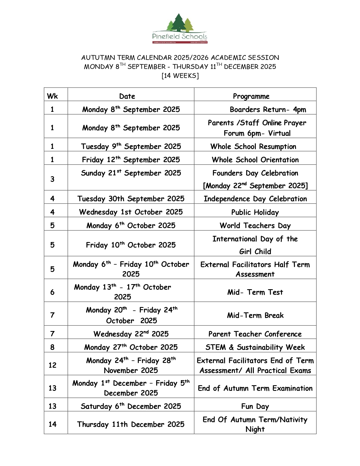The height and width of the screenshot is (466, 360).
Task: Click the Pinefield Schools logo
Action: pyautogui.click(x=180, y=29)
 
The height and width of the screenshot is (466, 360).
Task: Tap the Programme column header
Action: pyautogui.click(x=251, y=96)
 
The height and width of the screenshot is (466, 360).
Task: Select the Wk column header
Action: pyautogui.click(x=53, y=96)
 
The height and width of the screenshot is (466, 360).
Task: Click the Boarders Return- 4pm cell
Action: pyautogui.click(x=268, y=110)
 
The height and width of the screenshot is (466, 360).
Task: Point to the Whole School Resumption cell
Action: pyautogui.click(x=253, y=146)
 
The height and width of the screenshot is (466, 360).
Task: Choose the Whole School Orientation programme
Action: pyautogui.click(x=255, y=160)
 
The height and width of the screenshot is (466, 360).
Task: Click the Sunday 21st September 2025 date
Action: pyautogui.click(x=131, y=173)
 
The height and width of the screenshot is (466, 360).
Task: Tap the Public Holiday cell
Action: pyautogui.click(x=255, y=212)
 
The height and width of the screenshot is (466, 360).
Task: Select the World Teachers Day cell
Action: pyautogui.click(x=255, y=225)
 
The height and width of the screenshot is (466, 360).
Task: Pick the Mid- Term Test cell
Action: pyautogui.click(x=255, y=292)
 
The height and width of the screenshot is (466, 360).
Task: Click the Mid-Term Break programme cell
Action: pyautogui.click(x=255, y=315)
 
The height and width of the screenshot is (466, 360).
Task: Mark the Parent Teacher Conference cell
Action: pyautogui.click(x=255, y=334)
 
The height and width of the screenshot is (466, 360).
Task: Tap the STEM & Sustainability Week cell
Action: pyautogui.click(x=255, y=347)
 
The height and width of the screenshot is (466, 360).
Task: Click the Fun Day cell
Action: pyautogui.click(x=255, y=406)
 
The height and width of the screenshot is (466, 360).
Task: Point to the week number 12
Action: pyautogui.click(x=53, y=365)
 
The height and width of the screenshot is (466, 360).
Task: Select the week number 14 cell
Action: pyautogui.click(x=53, y=424)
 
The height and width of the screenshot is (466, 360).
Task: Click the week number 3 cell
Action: pyautogui.click(x=53, y=179)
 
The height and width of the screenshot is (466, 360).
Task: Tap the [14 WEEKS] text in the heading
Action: pyautogui.click(x=180, y=76)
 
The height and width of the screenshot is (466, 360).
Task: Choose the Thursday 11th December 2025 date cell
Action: pyautogui.click(x=131, y=424)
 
